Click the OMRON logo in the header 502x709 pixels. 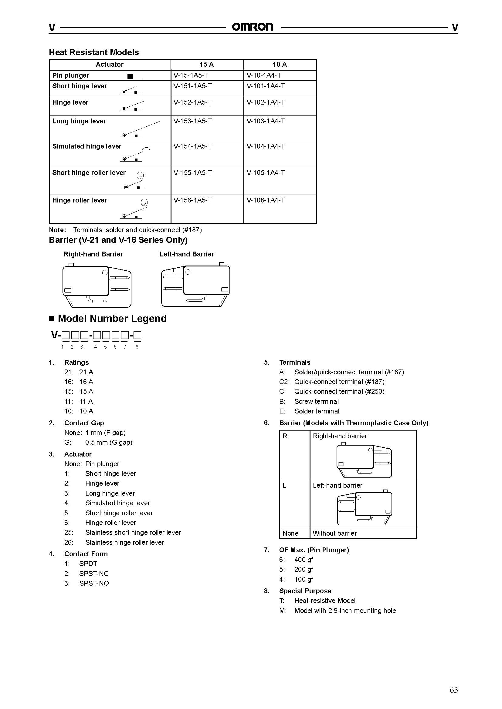point(253,27)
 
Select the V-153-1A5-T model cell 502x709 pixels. point(193,121)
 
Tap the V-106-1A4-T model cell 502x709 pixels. point(266,200)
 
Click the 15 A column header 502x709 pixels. point(206,64)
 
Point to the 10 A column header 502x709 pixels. point(280,64)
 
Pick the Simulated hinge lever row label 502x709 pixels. point(87,146)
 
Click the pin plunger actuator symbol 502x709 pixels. point(130,76)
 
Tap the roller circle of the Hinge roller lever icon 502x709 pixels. point(144,202)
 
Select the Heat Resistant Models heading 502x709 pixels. point(94,52)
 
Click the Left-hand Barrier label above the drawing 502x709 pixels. point(186,254)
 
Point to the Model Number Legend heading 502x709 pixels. point(112,318)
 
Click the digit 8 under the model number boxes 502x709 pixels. point(137,347)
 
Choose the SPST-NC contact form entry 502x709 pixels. point(94,574)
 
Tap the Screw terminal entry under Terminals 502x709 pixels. point(316,401)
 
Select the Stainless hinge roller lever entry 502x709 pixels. point(124,542)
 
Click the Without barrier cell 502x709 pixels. point(334,533)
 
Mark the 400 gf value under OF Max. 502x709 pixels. point(304,560)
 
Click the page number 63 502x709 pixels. point(453,690)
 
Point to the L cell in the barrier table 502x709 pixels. point(284,485)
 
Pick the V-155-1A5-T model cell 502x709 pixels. point(193,172)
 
